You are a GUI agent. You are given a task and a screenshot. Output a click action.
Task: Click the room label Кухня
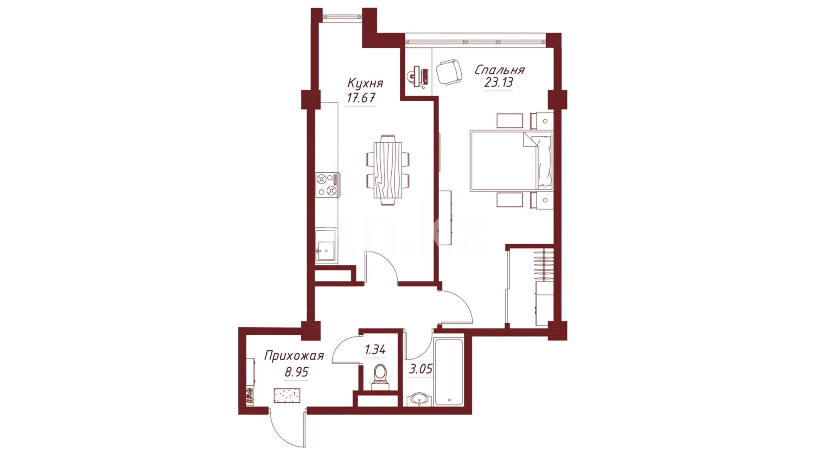(x=365, y=83)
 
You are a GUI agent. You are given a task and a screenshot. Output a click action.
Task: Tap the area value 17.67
(x=361, y=98)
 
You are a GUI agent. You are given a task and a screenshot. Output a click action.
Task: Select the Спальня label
(x=500, y=70)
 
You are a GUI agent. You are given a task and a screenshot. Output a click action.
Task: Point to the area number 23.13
(x=499, y=83)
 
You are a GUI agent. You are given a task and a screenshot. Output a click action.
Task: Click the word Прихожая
(x=294, y=356)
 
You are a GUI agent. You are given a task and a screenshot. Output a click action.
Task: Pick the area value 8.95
(x=296, y=372)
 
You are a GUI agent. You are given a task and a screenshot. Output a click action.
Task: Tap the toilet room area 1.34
(x=375, y=350)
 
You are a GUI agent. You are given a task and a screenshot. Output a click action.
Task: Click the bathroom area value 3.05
(x=420, y=369)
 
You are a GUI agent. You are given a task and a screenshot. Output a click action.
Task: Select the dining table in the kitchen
(x=388, y=170)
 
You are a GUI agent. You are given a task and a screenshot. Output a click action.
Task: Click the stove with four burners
(x=327, y=185)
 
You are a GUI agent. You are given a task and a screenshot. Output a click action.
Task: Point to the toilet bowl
(x=380, y=377)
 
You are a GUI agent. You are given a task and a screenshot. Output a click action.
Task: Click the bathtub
(x=448, y=371)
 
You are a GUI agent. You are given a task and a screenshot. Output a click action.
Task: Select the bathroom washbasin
(x=419, y=399)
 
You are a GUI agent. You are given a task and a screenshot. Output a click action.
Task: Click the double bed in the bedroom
(x=511, y=161)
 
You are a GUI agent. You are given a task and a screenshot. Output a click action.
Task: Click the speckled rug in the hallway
(x=287, y=396)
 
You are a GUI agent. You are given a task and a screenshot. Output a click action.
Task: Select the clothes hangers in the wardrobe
(x=543, y=265)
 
